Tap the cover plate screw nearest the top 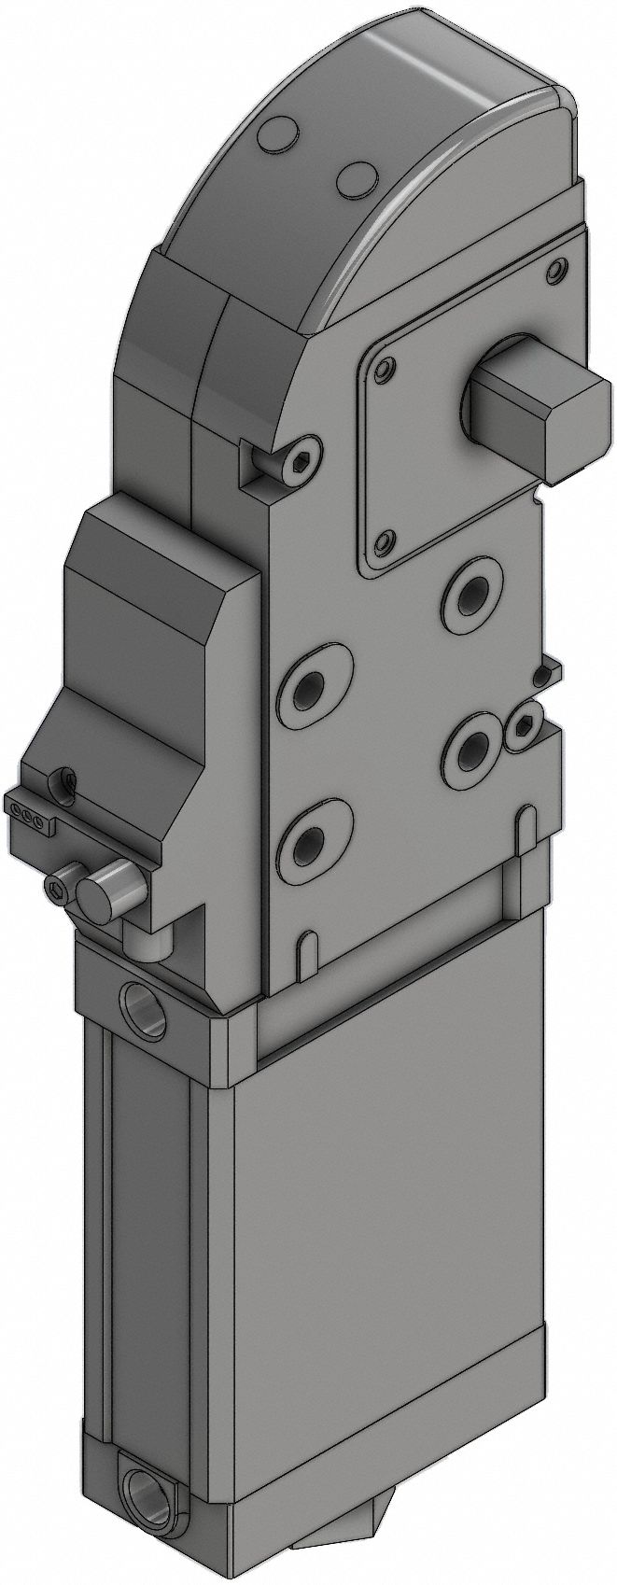[x=557, y=272]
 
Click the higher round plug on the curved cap [x=277, y=136]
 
